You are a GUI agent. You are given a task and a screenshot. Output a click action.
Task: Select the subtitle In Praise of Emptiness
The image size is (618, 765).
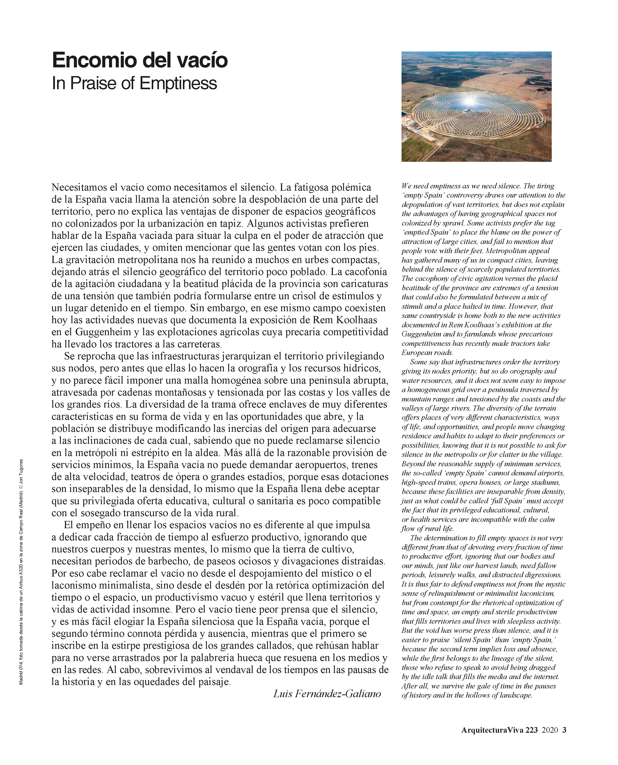134,83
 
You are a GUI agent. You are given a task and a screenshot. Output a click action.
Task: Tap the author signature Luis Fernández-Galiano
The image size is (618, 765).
327,693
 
